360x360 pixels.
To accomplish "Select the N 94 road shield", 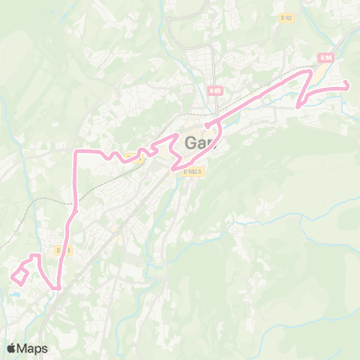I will pyautogui.click(x=325, y=57).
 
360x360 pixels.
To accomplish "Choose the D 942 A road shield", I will pyautogui.click(x=192, y=170).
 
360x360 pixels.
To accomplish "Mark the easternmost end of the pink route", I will pyautogui.click(x=348, y=88).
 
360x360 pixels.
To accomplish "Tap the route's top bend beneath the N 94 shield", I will pyautogui.click(x=309, y=71).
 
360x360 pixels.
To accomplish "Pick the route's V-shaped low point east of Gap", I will pyautogui.click(x=298, y=105).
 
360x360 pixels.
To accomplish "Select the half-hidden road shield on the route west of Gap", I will pyautogui.click(x=132, y=157).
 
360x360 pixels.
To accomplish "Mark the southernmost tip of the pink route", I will pyautogui.click(x=57, y=287).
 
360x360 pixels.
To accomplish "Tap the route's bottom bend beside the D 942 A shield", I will pyautogui.click(x=180, y=168).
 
